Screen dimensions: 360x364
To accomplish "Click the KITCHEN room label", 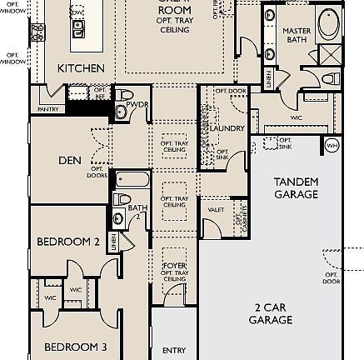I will click(81, 68).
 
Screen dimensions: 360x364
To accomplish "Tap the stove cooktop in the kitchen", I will click(37, 32).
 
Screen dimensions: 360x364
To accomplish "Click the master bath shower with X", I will click(330, 57).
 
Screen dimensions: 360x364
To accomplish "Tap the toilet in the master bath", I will click(331, 79).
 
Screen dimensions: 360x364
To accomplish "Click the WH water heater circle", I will click(332, 145).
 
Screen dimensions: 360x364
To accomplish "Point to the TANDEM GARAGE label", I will click(296, 187).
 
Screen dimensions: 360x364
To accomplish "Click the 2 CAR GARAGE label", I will click(271, 313).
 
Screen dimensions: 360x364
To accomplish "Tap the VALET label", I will click(217, 211).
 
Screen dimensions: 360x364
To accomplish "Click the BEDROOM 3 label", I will click(75, 345).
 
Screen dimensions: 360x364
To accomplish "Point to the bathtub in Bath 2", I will click(132, 179).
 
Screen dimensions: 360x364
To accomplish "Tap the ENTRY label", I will click(170, 352).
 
